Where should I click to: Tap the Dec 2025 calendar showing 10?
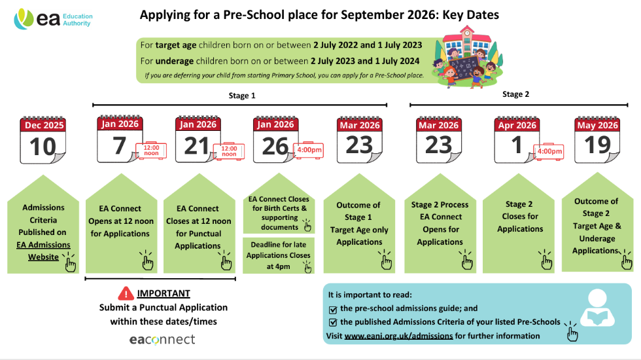pos(43,141)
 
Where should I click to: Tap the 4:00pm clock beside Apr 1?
pos(548,151)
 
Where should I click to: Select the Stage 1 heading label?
pos(238,96)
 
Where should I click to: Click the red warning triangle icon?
pos(126,293)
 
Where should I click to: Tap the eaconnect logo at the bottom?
pos(162,339)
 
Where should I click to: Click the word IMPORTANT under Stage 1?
pos(164,293)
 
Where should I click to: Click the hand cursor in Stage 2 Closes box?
pos(544,261)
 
